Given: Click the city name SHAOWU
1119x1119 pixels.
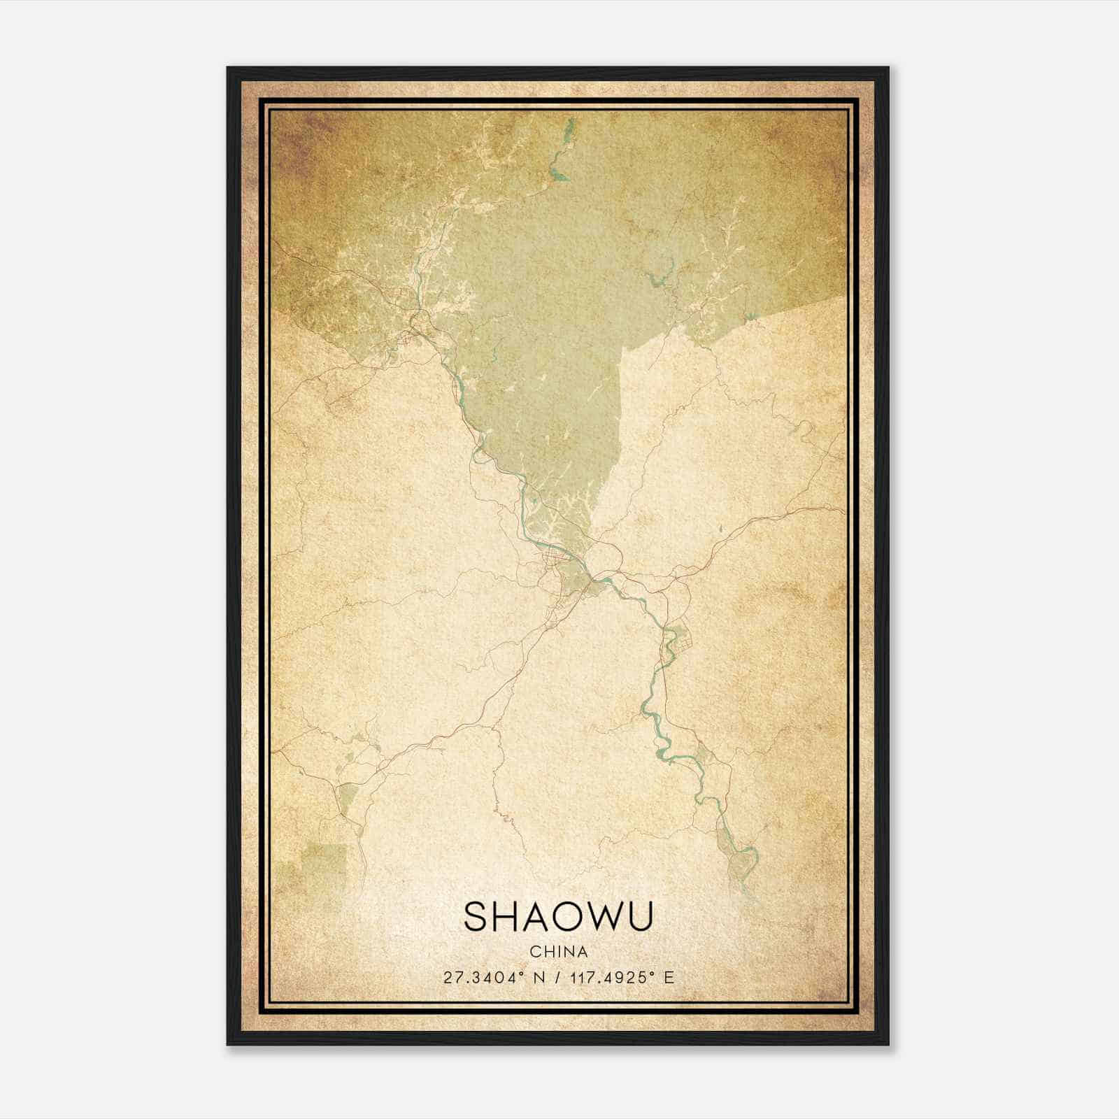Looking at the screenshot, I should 559,916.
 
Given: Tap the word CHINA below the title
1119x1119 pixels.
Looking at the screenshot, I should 559,952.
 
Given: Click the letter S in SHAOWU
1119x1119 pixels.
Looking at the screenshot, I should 476,916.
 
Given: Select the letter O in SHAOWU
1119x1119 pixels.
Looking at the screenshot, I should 571,916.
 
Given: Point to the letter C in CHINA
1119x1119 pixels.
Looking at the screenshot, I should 534,952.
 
